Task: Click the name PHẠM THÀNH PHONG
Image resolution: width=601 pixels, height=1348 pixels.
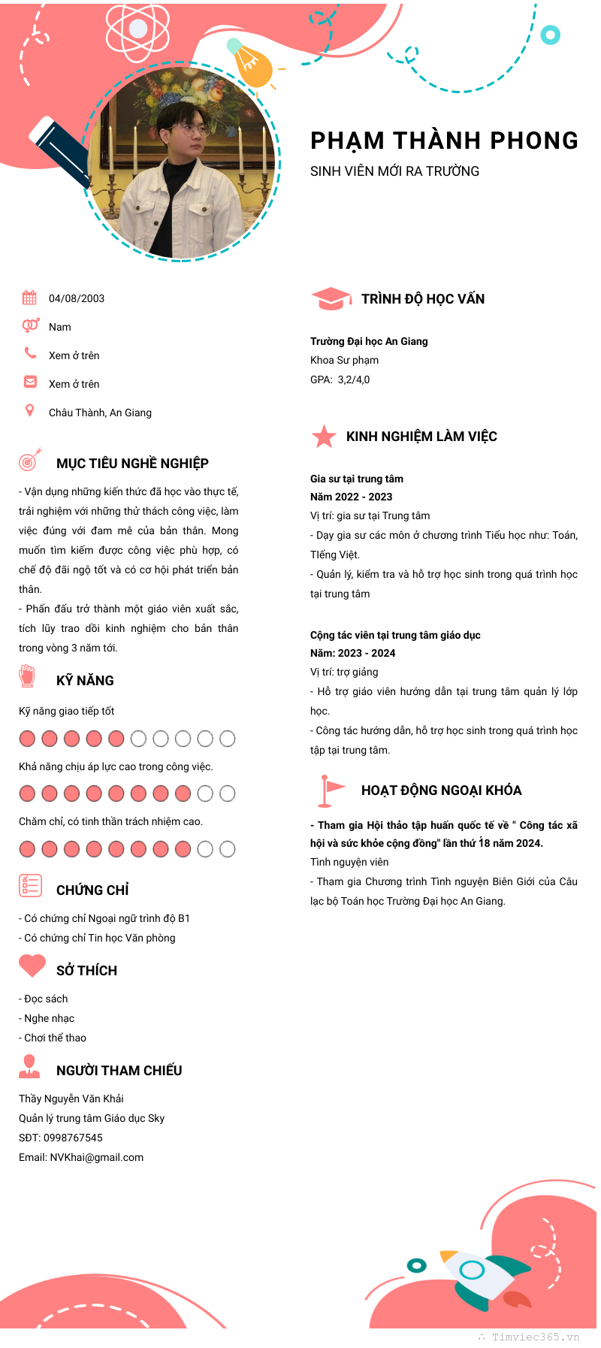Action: pyautogui.click(x=444, y=141)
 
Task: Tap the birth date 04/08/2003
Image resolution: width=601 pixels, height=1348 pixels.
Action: pyautogui.click(x=77, y=298)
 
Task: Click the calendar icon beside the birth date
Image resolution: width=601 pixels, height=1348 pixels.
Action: pyautogui.click(x=29, y=298)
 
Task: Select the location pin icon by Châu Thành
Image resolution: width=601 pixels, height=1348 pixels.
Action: pyautogui.click(x=30, y=410)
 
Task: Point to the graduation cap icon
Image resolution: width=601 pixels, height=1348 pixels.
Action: pyautogui.click(x=331, y=298)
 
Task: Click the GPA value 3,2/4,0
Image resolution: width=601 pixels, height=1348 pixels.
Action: pyautogui.click(x=354, y=379)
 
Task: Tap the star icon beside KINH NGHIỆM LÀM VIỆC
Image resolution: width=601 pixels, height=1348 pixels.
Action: pyautogui.click(x=324, y=436)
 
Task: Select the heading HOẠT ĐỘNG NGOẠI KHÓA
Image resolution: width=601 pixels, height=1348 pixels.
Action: pyautogui.click(x=441, y=790)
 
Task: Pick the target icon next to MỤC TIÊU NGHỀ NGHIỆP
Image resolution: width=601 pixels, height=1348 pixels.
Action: pyautogui.click(x=29, y=460)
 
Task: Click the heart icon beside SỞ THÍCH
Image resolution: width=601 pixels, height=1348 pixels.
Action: pyautogui.click(x=32, y=966)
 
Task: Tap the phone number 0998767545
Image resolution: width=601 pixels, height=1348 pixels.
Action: pyautogui.click(x=73, y=1138)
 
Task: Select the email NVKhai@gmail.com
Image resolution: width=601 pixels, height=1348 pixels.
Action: pyautogui.click(x=97, y=1157)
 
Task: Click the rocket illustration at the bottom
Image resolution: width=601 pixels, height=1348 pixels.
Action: pyautogui.click(x=484, y=1274)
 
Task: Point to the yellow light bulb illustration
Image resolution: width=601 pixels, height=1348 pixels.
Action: pyautogui.click(x=252, y=65)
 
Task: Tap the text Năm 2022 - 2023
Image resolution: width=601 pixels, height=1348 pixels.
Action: pyautogui.click(x=352, y=497)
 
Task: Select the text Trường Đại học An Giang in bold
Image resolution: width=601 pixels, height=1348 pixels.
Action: pyautogui.click(x=369, y=341)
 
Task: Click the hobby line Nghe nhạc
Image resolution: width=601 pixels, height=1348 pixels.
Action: pyautogui.click(x=50, y=1018)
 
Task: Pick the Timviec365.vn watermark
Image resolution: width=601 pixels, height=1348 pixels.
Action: pyautogui.click(x=535, y=1337)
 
